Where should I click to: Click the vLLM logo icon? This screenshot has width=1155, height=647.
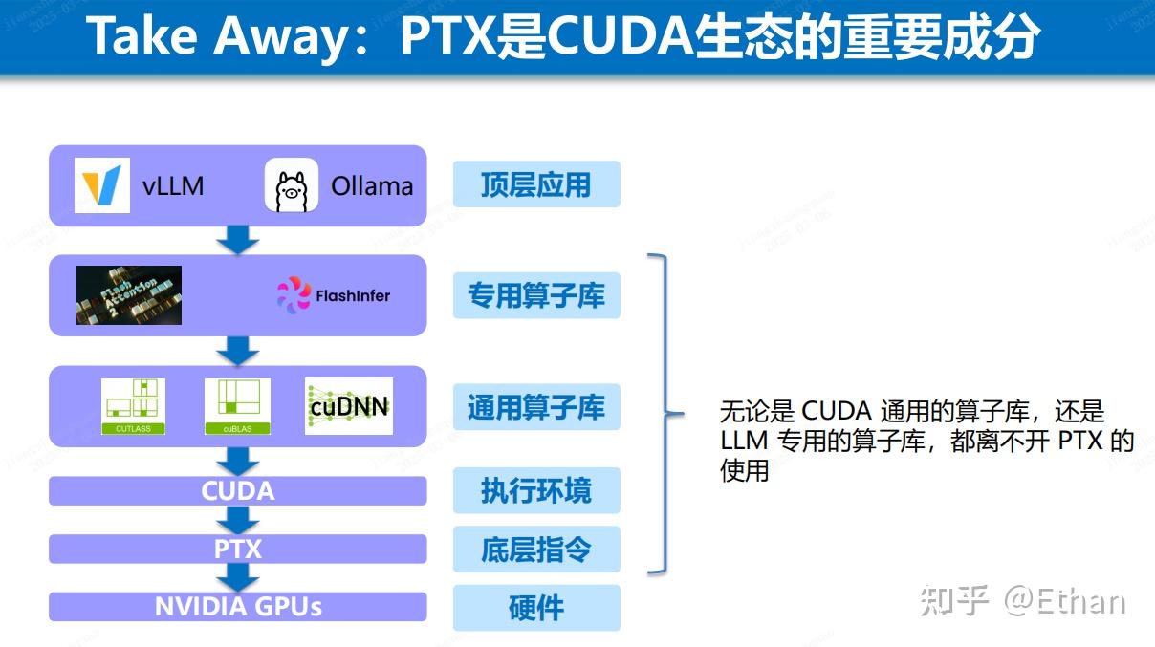click(x=102, y=184)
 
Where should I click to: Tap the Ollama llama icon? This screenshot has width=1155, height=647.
click(x=291, y=184)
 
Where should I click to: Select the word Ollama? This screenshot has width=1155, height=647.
click(x=371, y=185)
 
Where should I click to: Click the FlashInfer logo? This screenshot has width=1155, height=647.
click(x=334, y=294)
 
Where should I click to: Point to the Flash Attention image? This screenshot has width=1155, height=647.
click(x=129, y=294)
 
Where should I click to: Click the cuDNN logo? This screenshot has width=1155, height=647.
click(x=348, y=406)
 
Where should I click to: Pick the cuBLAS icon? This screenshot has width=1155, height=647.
click(x=237, y=406)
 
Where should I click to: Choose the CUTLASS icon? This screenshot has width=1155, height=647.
click(x=133, y=406)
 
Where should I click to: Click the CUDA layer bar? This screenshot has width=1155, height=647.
click(x=237, y=490)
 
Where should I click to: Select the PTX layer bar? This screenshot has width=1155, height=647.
click(x=237, y=549)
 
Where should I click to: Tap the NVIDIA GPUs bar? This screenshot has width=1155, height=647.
click(x=237, y=606)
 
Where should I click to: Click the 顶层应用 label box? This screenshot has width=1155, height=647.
click(x=536, y=184)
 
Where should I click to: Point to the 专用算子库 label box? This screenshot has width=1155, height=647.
click(x=536, y=295)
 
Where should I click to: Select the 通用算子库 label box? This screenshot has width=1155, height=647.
click(x=536, y=407)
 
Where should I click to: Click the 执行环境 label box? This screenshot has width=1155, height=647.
click(x=536, y=490)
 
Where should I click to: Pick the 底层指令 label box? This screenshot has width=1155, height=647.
click(x=536, y=550)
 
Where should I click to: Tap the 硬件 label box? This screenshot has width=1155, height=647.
click(x=536, y=608)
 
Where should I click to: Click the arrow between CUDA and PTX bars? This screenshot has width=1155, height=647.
click(x=238, y=520)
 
